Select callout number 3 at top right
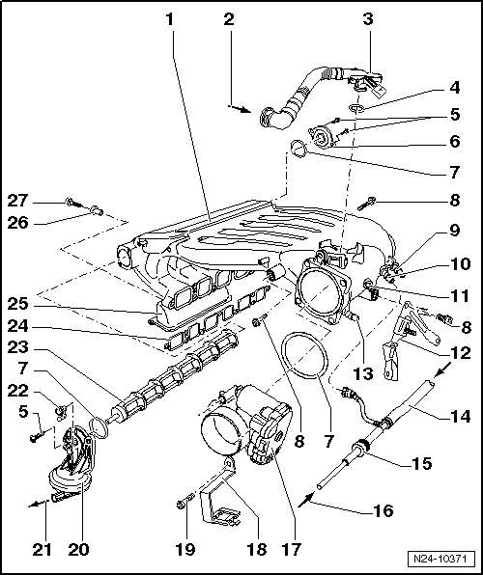click(368, 18)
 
